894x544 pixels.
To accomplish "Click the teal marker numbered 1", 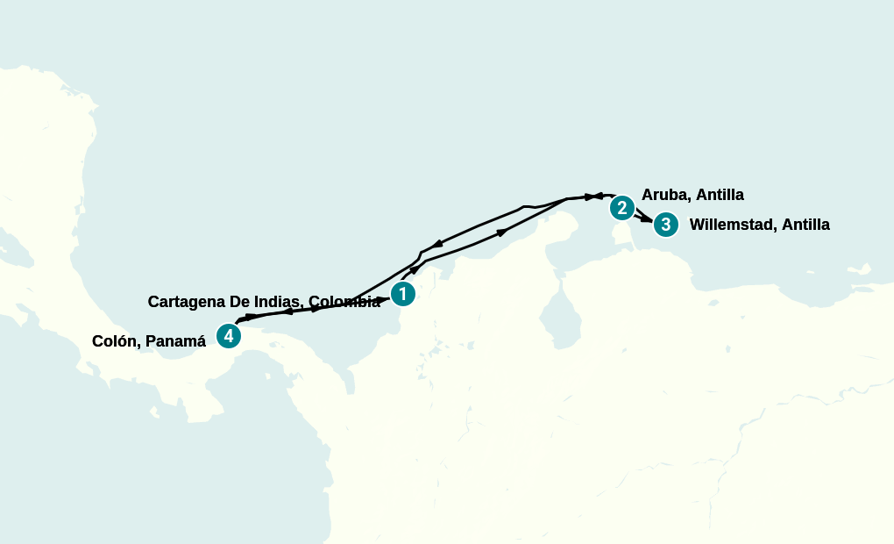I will (x=402, y=294).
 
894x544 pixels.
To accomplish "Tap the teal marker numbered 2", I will (x=621, y=208).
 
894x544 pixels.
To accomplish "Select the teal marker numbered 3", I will (x=666, y=225).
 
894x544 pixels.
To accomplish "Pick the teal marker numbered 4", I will (x=228, y=335).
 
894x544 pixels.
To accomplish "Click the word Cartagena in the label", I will (x=187, y=302).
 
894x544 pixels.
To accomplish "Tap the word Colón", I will (x=114, y=341).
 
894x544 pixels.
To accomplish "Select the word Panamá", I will (x=176, y=341).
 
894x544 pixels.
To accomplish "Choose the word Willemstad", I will (x=732, y=225).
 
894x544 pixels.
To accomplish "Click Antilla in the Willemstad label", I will (x=805, y=225).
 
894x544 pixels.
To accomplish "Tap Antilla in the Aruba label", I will (x=720, y=195).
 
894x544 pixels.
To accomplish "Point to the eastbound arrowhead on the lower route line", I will (x=502, y=232).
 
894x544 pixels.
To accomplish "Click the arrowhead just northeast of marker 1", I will (x=415, y=270).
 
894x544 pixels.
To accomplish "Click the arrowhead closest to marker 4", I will (x=251, y=316).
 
